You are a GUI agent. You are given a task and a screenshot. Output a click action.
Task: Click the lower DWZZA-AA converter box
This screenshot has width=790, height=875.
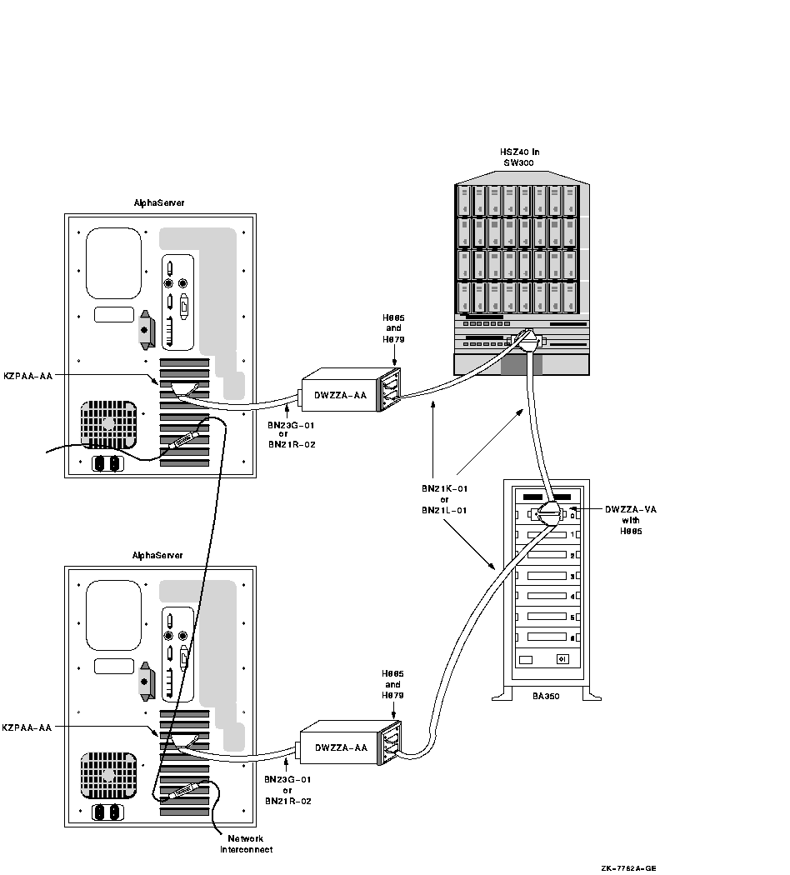(x=340, y=747)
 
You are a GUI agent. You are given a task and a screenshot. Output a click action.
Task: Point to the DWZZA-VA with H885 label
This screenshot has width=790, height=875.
(x=630, y=520)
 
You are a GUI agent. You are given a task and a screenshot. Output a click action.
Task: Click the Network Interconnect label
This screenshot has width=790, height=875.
(x=246, y=844)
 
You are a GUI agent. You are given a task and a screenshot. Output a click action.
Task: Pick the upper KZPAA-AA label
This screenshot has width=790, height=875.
(x=27, y=376)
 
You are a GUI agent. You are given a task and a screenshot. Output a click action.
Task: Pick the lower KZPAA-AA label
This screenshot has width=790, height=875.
(x=27, y=727)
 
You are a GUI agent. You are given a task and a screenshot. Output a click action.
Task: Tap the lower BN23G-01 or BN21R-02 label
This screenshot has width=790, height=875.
(x=288, y=790)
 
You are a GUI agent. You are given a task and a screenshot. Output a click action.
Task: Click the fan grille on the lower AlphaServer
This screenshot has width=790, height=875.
(x=108, y=776)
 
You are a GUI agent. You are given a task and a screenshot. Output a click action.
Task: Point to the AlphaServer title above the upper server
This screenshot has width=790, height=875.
(x=159, y=202)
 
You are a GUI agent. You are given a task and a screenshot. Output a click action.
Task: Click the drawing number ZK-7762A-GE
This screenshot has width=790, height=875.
(x=628, y=868)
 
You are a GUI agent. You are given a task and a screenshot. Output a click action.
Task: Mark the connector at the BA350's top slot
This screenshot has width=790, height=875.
(x=549, y=512)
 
